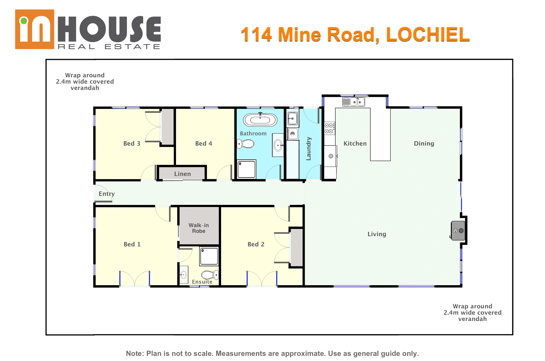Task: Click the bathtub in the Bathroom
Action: [x=260, y=120]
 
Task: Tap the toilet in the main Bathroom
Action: [x=245, y=144]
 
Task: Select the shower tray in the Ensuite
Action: [x=209, y=256]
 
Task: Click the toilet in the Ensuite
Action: [x=210, y=275]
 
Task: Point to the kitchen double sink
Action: [x=354, y=102]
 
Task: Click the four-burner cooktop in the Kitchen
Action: [x=330, y=128]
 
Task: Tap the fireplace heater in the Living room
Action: [x=458, y=230]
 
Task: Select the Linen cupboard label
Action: [x=183, y=174]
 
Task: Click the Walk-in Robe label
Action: [x=199, y=228]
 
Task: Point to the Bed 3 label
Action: [x=132, y=143]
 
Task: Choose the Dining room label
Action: [x=424, y=143]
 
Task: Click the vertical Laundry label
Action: [x=309, y=149]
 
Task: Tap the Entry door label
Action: [x=107, y=194]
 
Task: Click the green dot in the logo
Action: [x=23, y=21]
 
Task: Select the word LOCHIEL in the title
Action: [x=428, y=35]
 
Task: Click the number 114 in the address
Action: [x=256, y=35]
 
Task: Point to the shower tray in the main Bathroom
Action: [x=247, y=169]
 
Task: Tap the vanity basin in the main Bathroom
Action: [x=278, y=145]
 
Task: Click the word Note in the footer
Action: [x=135, y=353]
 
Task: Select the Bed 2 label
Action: [x=256, y=244]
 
